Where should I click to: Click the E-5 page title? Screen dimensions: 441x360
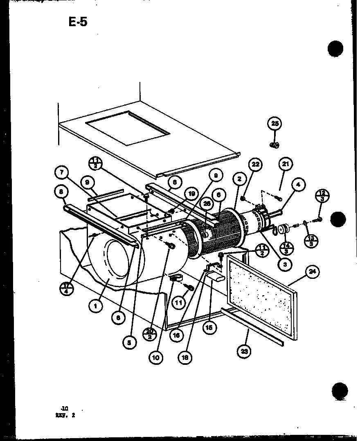78,22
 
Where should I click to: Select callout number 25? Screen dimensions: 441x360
275,124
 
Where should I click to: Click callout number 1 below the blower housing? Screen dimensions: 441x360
96,305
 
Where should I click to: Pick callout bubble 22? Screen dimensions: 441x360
255,165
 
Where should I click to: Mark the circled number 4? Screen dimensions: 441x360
298,185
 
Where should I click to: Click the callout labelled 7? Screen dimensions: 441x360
62,172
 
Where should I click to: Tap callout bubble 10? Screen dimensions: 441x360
155,357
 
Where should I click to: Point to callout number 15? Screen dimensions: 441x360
210,327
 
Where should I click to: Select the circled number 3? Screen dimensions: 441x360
285,265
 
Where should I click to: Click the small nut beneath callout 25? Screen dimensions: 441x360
274,145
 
